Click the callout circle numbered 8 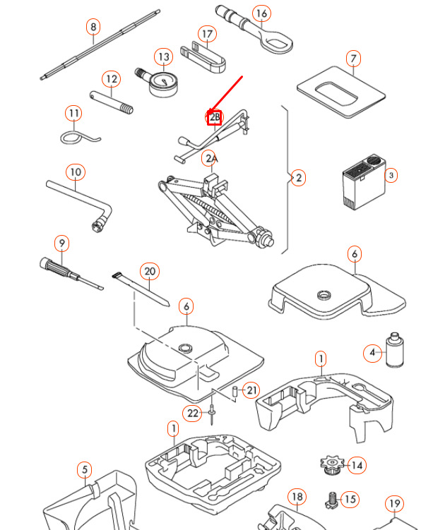click(93, 28)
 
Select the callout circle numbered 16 click(261, 13)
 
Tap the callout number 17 click(206, 34)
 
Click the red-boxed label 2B click(214, 117)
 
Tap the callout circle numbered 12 click(111, 78)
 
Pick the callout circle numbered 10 click(76, 171)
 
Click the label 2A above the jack click(210, 158)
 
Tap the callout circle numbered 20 click(149, 271)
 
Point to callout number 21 click(251, 390)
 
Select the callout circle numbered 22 click(193, 413)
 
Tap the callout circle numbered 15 click(350, 499)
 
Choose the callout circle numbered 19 click(394, 504)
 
